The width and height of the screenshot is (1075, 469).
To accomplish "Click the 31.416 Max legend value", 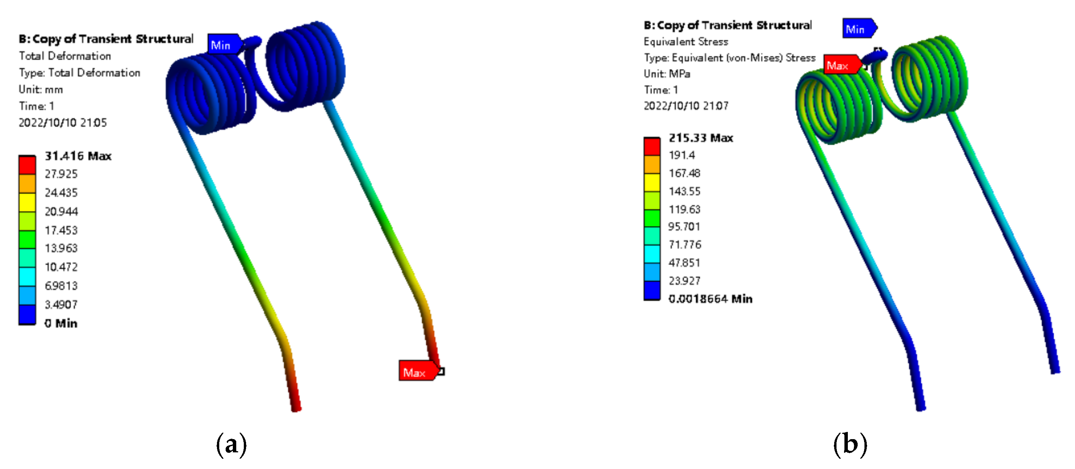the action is [x=78, y=156].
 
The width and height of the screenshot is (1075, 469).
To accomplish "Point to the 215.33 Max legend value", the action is [x=701, y=138].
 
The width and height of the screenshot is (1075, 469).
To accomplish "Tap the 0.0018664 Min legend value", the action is [x=710, y=298].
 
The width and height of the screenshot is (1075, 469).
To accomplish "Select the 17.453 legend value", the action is [x=61, y=230].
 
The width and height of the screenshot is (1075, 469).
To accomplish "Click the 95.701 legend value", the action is [x=684, y=226].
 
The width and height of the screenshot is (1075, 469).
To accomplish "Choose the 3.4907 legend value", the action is [x=61, y=304].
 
